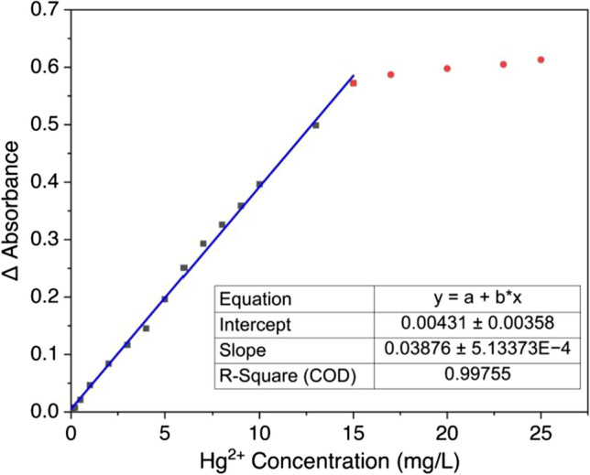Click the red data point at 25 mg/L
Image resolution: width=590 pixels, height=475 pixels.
[541, 59]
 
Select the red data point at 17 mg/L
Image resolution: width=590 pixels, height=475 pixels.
[390, 74]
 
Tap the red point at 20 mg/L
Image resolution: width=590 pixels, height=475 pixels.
[447, 69]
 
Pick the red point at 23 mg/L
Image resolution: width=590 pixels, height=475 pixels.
[503, 64]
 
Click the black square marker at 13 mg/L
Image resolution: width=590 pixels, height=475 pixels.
[316, 125]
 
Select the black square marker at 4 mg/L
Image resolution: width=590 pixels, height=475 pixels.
[146, 328]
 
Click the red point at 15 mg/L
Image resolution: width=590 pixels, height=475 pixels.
[353, 83]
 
